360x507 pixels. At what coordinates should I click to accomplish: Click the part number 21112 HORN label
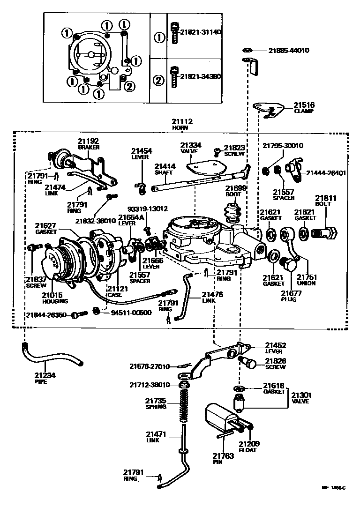182,125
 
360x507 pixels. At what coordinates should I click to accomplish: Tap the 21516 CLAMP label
304,108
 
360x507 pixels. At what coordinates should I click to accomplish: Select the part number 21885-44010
289,50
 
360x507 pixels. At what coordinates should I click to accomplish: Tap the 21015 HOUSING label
55,298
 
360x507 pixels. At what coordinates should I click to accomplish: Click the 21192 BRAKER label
89,143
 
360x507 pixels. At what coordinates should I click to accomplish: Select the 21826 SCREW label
275,364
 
